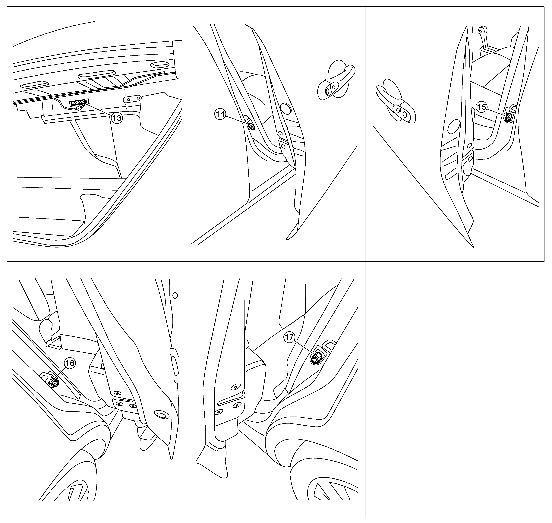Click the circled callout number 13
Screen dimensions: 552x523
click(117, 118)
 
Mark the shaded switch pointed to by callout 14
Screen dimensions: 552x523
click(252, 126)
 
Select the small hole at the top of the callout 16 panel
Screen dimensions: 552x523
click(175, 295)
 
